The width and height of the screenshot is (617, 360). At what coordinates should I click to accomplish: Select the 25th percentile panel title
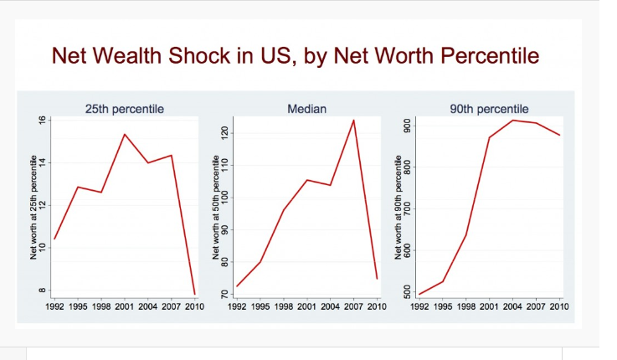pyautogui.click(x=125, y=109)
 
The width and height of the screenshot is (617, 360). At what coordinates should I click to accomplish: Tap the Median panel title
pyautogui.click(x=306, y=109)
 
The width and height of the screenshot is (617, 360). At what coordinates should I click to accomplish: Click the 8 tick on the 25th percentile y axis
pyautogui.click(x=41, y=291)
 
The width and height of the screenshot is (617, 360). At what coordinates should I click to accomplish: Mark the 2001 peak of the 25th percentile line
pyautogui.click(x=124, y=134)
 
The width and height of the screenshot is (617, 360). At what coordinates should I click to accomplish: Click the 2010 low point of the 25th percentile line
pyautogui.click(x=196, y=294)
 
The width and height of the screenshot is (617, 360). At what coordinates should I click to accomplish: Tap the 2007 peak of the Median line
pyautogui.click(x=353, y=120)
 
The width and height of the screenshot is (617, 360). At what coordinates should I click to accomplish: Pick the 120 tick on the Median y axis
pyautogui.click(x=224, y=133)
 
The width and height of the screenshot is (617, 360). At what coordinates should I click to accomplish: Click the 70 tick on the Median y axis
pyautogui.click(x=224, y=294)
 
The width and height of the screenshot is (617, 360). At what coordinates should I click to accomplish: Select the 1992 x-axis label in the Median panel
pyautogui.click(x=237, y=307)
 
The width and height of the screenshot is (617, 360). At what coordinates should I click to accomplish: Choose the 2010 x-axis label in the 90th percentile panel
pyautogui.click(x=558, y=307)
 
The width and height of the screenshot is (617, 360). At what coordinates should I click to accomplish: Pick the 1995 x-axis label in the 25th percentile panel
pyautogui.click(x=78, y=307)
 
